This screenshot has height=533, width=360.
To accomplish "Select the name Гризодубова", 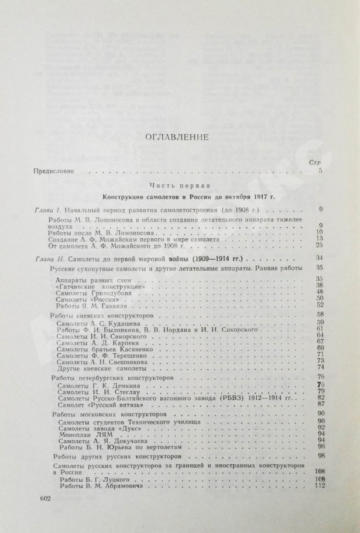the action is pos(112,292).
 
